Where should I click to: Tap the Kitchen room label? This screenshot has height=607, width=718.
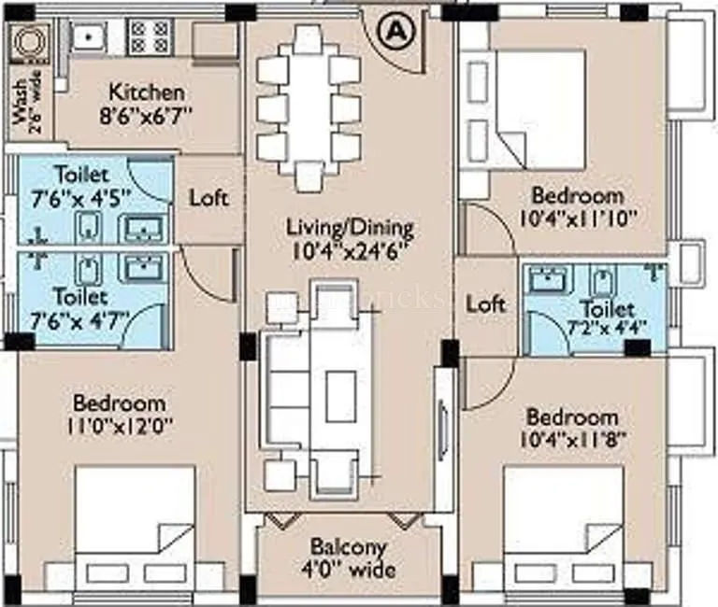click(x=147, y=92)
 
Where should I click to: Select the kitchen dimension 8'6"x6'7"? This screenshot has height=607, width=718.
click(x=147, y=114)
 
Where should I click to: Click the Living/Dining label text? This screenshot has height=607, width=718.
click(x=350, y=227)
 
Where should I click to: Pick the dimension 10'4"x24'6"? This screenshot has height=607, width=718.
click(x=350, y=248)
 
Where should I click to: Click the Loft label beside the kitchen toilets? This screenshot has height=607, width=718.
click(x=208, y=198)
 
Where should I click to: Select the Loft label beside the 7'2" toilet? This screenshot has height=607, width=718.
click(x=485, y=303)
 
